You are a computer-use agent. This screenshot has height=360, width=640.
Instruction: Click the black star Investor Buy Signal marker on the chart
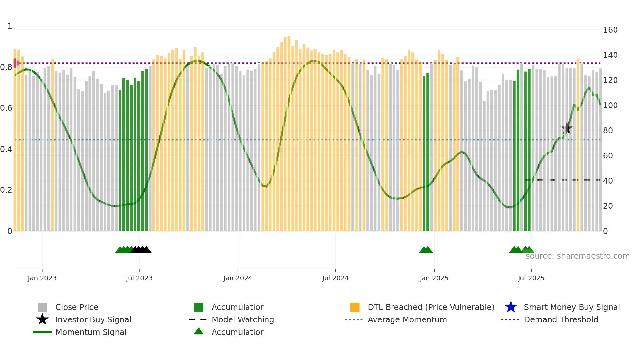click(x=567, y=128)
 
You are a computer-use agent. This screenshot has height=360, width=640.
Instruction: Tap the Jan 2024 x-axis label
click(x=238, y=278)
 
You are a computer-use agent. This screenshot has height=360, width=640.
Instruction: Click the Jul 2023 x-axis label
click(x=139, y=278)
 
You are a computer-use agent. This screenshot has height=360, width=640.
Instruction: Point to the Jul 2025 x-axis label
click(x=531, y=278)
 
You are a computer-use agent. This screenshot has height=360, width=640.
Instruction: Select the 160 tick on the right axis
click(x=610, y=30)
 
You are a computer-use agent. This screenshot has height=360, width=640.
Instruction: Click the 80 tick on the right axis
click(x=608, y=131)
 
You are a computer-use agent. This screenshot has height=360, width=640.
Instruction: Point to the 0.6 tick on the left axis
click(x=6, y=108)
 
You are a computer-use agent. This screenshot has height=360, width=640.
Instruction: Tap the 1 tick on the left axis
click(x=10, y=26)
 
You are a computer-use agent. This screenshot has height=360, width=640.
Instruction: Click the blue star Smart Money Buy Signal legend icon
click(x=511, y=307)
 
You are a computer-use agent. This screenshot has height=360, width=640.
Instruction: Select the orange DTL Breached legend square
click(x=355, y=307)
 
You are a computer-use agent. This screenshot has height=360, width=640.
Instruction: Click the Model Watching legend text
click(x=243, y=319)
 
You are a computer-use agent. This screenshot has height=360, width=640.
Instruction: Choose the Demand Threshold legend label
click(x=561, y=319)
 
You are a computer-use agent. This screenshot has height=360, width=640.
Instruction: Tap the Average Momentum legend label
click(x=407, y=319)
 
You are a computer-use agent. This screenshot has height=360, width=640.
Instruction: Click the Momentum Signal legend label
click(x=91, y=332)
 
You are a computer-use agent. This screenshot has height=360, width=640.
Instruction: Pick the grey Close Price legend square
click(x=42, y=307)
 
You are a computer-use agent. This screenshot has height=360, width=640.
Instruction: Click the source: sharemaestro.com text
click(x=577, y=256)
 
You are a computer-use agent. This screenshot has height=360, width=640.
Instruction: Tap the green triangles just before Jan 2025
click(x=426, y=250)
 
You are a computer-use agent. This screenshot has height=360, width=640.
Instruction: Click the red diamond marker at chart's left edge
click(x=15, y=63)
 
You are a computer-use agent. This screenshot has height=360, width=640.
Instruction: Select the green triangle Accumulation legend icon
click(x=199, y=331)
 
